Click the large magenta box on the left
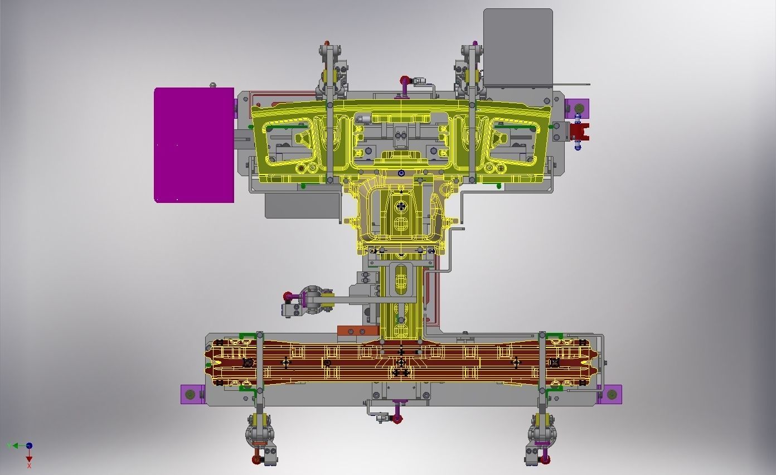click(x=194, y=145)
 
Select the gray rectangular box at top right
click(x=518, y=45)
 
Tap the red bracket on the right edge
click(x=580, y=132)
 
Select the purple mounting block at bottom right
click(x=612, y=394)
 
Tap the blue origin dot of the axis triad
click(x=29, y=445)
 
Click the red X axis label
click(x=29, y=466)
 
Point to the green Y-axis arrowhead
click(x=10, y=445)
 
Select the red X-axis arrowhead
click(x=29, y=458)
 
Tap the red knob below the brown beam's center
click(x=397, y=419)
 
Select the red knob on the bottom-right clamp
click(x=546, y=459)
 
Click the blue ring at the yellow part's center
click(x=401, y=173)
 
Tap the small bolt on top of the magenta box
click(x=212, y=85)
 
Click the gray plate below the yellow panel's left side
click(x=301, y=205)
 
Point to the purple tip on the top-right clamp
click(x=475, y=43)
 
